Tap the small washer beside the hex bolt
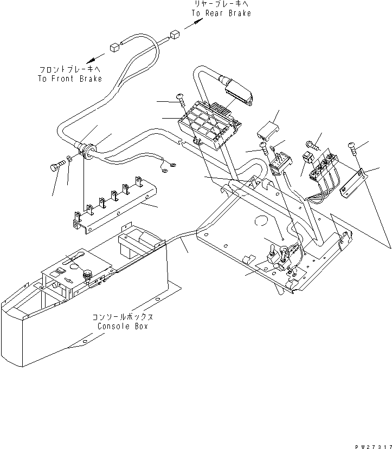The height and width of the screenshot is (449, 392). [x=69, y=160]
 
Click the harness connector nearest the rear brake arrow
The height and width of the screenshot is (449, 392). [x=175, y=35]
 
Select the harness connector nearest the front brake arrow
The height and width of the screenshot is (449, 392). [x=115, y=47]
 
